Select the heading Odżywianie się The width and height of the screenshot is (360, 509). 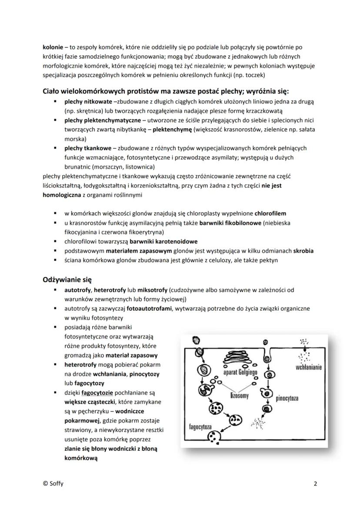point(67,279)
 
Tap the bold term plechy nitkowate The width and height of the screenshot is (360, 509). point(82,101)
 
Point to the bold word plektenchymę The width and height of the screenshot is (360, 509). point(173,130)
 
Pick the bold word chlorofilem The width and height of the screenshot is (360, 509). point(270,213)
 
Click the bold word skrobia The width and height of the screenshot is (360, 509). point(303,251)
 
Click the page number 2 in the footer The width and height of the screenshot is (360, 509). point(315,483)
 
